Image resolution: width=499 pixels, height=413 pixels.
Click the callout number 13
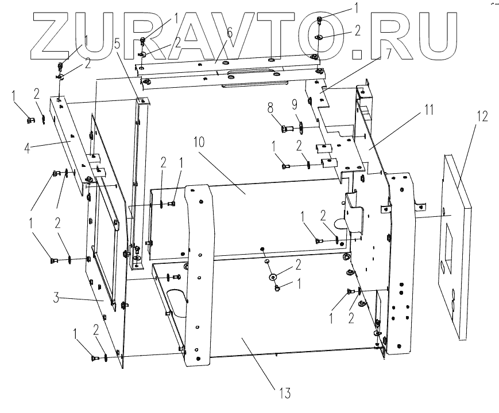285,394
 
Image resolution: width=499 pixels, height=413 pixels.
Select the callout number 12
481,116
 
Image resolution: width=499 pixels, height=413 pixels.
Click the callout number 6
229,33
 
